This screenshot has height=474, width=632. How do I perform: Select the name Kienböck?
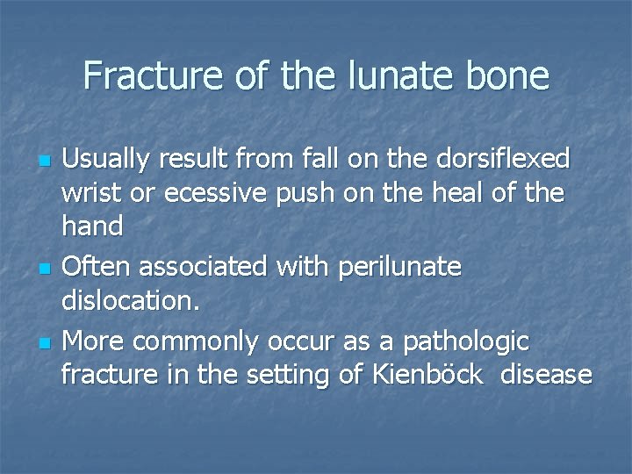pos(426,375)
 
